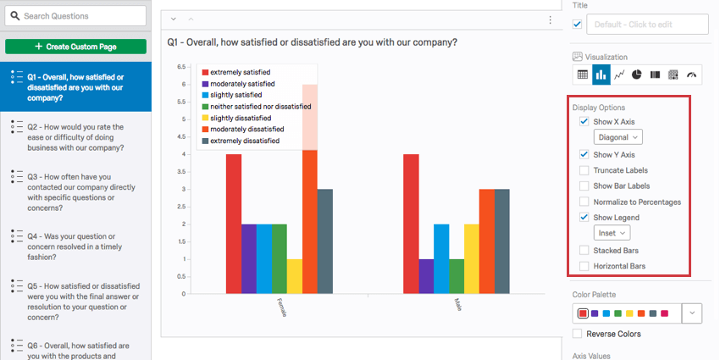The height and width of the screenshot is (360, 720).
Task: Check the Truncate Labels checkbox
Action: [x=584, y=170]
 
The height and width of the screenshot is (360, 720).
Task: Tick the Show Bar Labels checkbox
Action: [x=584, y=186]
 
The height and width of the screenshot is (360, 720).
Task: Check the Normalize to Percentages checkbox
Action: [x=584, y=202]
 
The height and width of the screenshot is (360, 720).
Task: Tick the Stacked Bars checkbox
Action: [x=584, y=251]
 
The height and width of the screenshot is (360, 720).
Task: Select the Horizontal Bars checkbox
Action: [x=584, y=266]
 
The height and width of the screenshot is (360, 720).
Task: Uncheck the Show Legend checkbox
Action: [x=584, y=217]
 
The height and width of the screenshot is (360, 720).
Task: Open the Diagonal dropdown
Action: [x=618, y=136]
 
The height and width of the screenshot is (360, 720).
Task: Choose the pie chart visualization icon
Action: [x=637, y=75]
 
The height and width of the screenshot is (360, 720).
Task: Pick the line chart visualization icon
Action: [x=619, y=75]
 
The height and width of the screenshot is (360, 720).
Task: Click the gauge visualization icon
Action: [x=692, y=75]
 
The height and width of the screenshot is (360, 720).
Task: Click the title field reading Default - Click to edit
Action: [x=649, y=25]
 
